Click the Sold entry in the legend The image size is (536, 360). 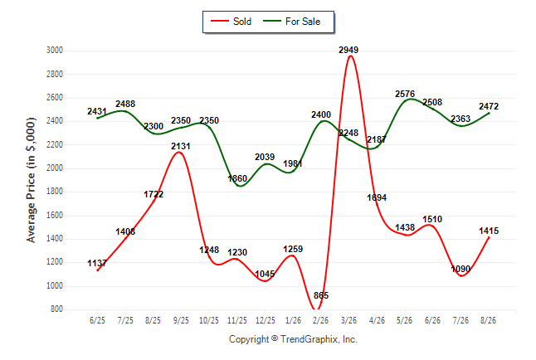(231, 22)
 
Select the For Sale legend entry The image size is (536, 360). (291, 22)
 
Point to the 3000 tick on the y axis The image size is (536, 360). (55, 51)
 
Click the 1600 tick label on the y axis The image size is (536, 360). (55, 215)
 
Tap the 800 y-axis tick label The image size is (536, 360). (56, 309)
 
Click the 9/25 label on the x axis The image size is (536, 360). (181, 320)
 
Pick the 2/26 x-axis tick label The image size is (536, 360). (320, 320)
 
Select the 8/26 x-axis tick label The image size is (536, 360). (488, 320)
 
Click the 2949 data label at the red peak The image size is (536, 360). (348, 50)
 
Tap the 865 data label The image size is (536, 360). (321, 295)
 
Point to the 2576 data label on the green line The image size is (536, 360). (405, 94)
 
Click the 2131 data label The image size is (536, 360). (181, 146)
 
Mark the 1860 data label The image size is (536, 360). (237, 178)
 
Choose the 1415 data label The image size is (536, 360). (489, 231)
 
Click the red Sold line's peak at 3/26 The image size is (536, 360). (350, 56)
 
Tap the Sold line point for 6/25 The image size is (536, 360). (98, 270)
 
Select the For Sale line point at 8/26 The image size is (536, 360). (489, 113)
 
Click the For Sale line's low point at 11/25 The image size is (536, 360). (240, 186)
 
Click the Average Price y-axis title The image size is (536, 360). (31, 180)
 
